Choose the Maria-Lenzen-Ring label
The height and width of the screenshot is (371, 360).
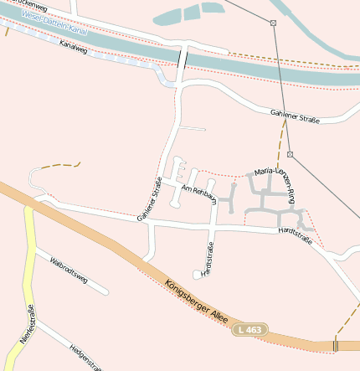275,184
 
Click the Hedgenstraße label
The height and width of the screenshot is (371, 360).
86,357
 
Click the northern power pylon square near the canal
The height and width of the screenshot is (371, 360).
273,23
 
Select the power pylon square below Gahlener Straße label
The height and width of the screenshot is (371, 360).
290,155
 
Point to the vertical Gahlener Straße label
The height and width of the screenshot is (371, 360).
150,201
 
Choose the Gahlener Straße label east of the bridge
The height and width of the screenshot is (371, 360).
295,116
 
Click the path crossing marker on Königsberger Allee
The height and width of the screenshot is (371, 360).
335,345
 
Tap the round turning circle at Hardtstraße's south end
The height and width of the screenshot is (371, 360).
197,274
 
